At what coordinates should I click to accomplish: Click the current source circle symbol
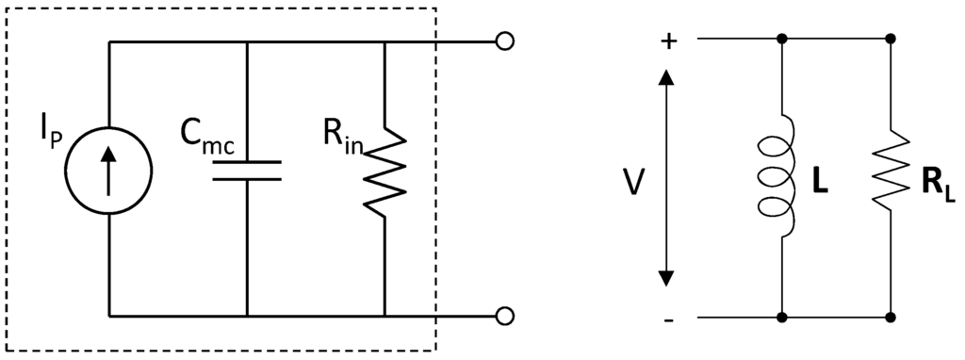tap(109, 171)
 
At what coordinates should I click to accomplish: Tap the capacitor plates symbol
tap(246, 170)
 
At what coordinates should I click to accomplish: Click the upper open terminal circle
tap(505, 41)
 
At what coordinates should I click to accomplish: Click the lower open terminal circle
tap(505, 315)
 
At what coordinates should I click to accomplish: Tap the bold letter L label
tap(820, 182)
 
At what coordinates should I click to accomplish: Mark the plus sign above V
tap(667, 41)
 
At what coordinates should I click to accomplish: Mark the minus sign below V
tap(667, 320)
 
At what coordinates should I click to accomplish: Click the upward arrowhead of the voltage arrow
tap(666, 76)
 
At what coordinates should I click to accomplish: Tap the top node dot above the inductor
tap(781, 40)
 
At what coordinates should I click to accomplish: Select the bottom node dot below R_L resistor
tap(891, 316)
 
